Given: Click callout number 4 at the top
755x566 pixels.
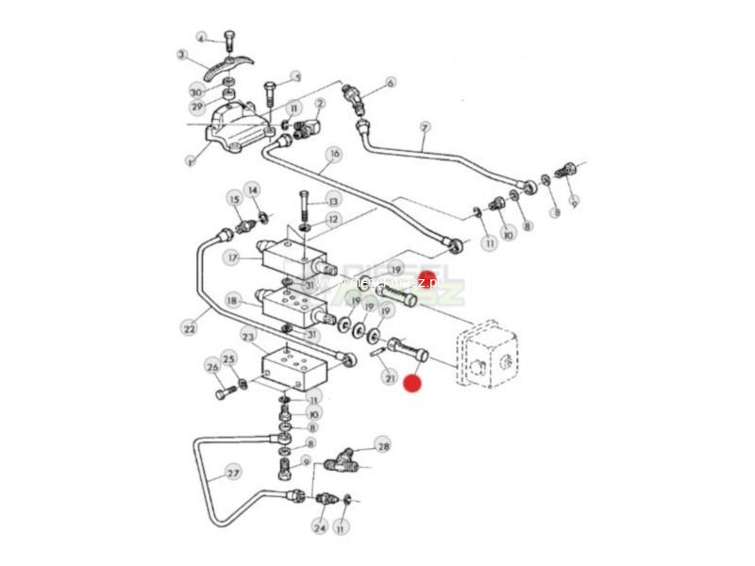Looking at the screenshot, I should (201, 37).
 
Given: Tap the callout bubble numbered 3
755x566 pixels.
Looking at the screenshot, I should (182, 55).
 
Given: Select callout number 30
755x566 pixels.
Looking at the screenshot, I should (196, 92).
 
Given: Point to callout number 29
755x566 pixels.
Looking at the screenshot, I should (196, 108).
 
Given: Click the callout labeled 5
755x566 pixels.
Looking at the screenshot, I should (295, 77).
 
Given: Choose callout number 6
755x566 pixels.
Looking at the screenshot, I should (391, 82).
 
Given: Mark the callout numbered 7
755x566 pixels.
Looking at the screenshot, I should (425, 127).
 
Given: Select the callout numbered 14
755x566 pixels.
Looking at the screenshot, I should (252, 190).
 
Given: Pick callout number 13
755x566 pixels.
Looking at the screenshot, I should (332, 200).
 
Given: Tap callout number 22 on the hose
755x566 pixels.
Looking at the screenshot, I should (189, 328).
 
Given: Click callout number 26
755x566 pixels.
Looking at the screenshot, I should (212, 367).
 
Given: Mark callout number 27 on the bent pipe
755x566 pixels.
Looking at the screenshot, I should (233, 473).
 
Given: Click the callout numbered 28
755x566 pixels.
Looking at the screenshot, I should (382, 444).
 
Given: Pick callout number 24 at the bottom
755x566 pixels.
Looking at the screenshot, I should (319, 527).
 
